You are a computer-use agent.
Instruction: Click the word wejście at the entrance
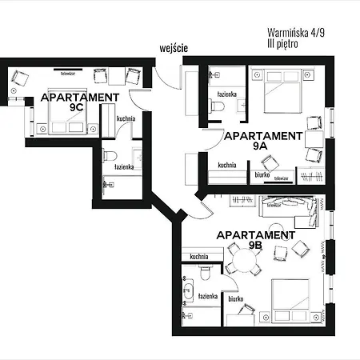(174, 48)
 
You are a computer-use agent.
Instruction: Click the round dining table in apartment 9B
(239, 262)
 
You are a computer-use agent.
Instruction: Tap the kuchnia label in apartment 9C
(126, 119)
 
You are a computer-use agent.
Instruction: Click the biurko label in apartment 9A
(262, 173)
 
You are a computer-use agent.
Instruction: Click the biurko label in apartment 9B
(235, 298)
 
